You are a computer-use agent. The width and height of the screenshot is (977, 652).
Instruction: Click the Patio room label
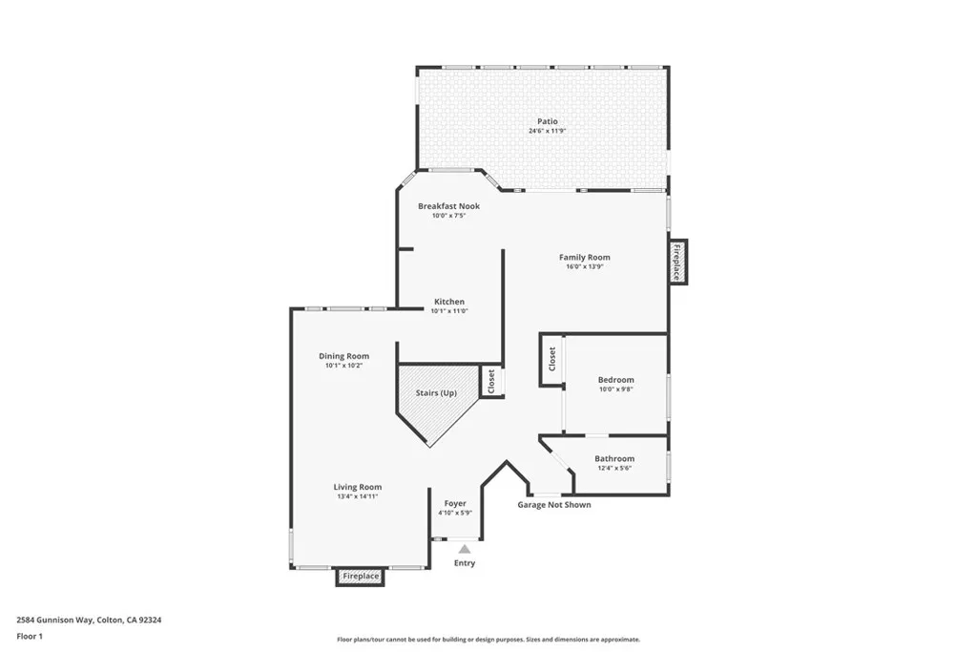click(547, 121)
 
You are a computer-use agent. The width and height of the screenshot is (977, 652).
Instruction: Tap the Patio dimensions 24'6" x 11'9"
click(547, 131)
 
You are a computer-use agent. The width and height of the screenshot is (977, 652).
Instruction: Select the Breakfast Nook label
click(448, 206)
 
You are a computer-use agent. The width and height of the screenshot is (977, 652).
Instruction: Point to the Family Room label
click(584, 257)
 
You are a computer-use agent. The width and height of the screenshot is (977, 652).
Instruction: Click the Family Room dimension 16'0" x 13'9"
click(584, 266)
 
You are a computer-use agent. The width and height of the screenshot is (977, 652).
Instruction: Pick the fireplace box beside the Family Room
click(676, 261)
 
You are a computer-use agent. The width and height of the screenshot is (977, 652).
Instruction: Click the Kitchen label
click(449, 301)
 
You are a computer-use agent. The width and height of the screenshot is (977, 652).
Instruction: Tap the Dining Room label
click(343, 356)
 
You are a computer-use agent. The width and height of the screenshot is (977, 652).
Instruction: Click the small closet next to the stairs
click(491, 382)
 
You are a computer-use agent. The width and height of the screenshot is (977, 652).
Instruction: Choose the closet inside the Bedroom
click(551, 360)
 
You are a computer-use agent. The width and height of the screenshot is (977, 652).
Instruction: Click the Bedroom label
click(615, 380)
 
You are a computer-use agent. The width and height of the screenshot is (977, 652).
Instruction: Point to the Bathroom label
click(613, 458)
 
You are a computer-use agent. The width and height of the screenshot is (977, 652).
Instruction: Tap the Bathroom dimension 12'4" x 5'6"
click(613, 468)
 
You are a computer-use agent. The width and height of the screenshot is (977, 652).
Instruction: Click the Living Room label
click(357, 487)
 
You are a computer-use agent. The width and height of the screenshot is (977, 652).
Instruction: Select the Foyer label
click(455, 503)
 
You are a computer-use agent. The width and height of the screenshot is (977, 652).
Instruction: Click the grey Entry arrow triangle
click(464, 549)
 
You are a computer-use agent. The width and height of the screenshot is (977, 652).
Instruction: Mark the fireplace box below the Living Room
click(361, 577)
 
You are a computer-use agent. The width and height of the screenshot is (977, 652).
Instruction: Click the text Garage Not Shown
click(553, 505)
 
